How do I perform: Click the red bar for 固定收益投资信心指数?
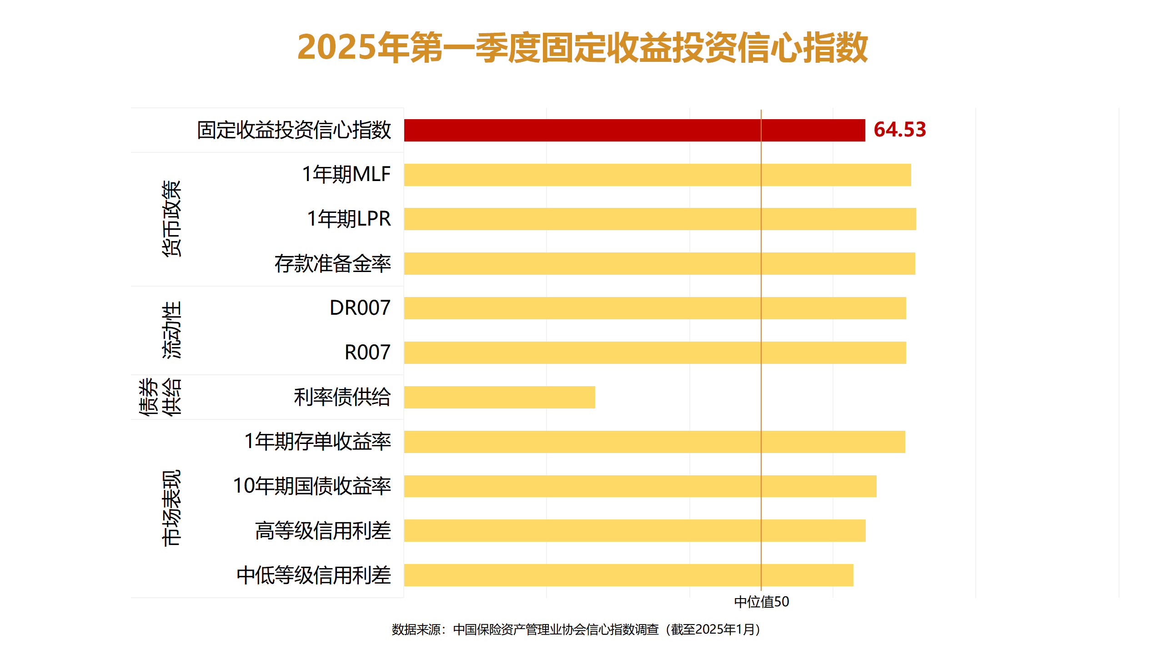pyautogui.click(x=634, y=130)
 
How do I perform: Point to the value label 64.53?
pyautogui.click(x=899, y=130)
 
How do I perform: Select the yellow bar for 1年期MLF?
pyautogui.click(x=657, y=175)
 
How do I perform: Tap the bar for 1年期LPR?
pyautogui.click(x=659, y=219)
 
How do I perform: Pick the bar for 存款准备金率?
pyautogui.click(x=659, y=263)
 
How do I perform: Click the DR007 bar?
pyautogui.click(x=655, y=308)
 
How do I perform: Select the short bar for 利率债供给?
pyautogui.click(x=499, y=397)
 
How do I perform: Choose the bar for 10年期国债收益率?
pyautogui.click(x=640, y=486)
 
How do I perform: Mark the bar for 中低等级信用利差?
pyautogui.click(x=628, y=575)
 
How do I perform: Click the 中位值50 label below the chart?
pyautogui.click(x=762, y=602)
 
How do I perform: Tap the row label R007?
pyautogui.click(x=367, y=353)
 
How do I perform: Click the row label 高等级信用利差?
pyautogui.click(x=323, y=531)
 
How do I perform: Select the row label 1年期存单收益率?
pyautogui.click(x=317, y=442)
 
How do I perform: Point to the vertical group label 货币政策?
pyautogui.click(x=171, y=219)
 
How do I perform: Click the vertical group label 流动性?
pyautogui.click(x=171, y=330)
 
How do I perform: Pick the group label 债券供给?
pyautogui.click(x=160, y=397)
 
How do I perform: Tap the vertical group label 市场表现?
pyautogui.click(x=171, y=508)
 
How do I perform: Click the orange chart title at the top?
pyautogui.click(x=582, y=47)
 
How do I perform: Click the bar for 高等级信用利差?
pyautogui.click(x=634, y=531)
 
